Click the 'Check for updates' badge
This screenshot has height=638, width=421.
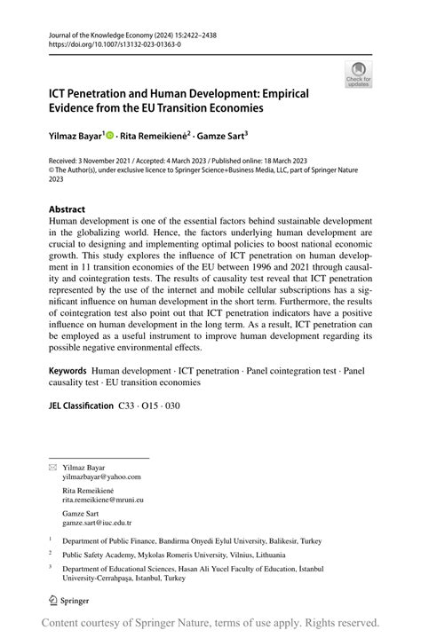358,75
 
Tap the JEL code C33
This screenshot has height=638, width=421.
128,405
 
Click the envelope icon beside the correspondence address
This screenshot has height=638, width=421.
52,466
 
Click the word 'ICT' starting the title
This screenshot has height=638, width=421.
60,92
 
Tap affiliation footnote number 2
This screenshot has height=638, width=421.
51,550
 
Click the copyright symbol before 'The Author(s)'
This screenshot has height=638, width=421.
52,171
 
